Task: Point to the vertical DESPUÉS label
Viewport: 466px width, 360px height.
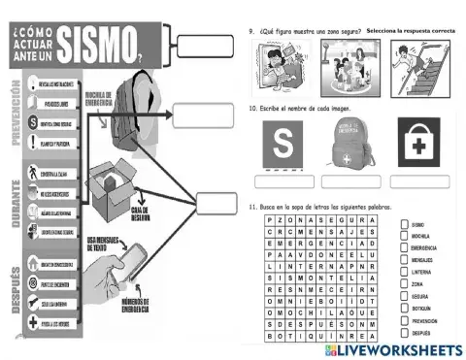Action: [x=17, y=277]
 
